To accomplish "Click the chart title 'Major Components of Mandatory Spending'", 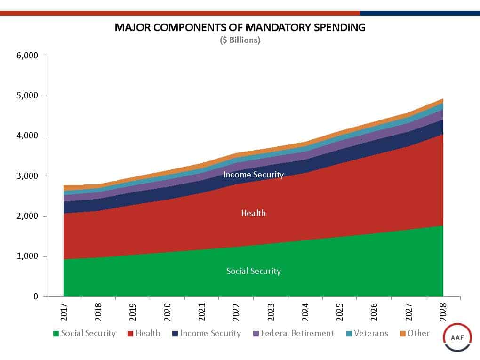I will [x=240, y=27].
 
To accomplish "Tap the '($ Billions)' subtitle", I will [x=240, y=40].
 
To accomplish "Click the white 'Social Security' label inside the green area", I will [x=253, y=271].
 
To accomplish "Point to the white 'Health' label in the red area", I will [x=253, y=213].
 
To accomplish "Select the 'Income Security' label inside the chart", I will [x=253, y=175].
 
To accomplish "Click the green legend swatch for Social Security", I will [x=56, y=334].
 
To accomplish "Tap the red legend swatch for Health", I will [x=130, y=334].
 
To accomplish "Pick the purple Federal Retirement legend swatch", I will [x=256, y=334].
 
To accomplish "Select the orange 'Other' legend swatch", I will [x=402, y=334].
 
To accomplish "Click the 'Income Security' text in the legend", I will [x=211, y=333].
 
